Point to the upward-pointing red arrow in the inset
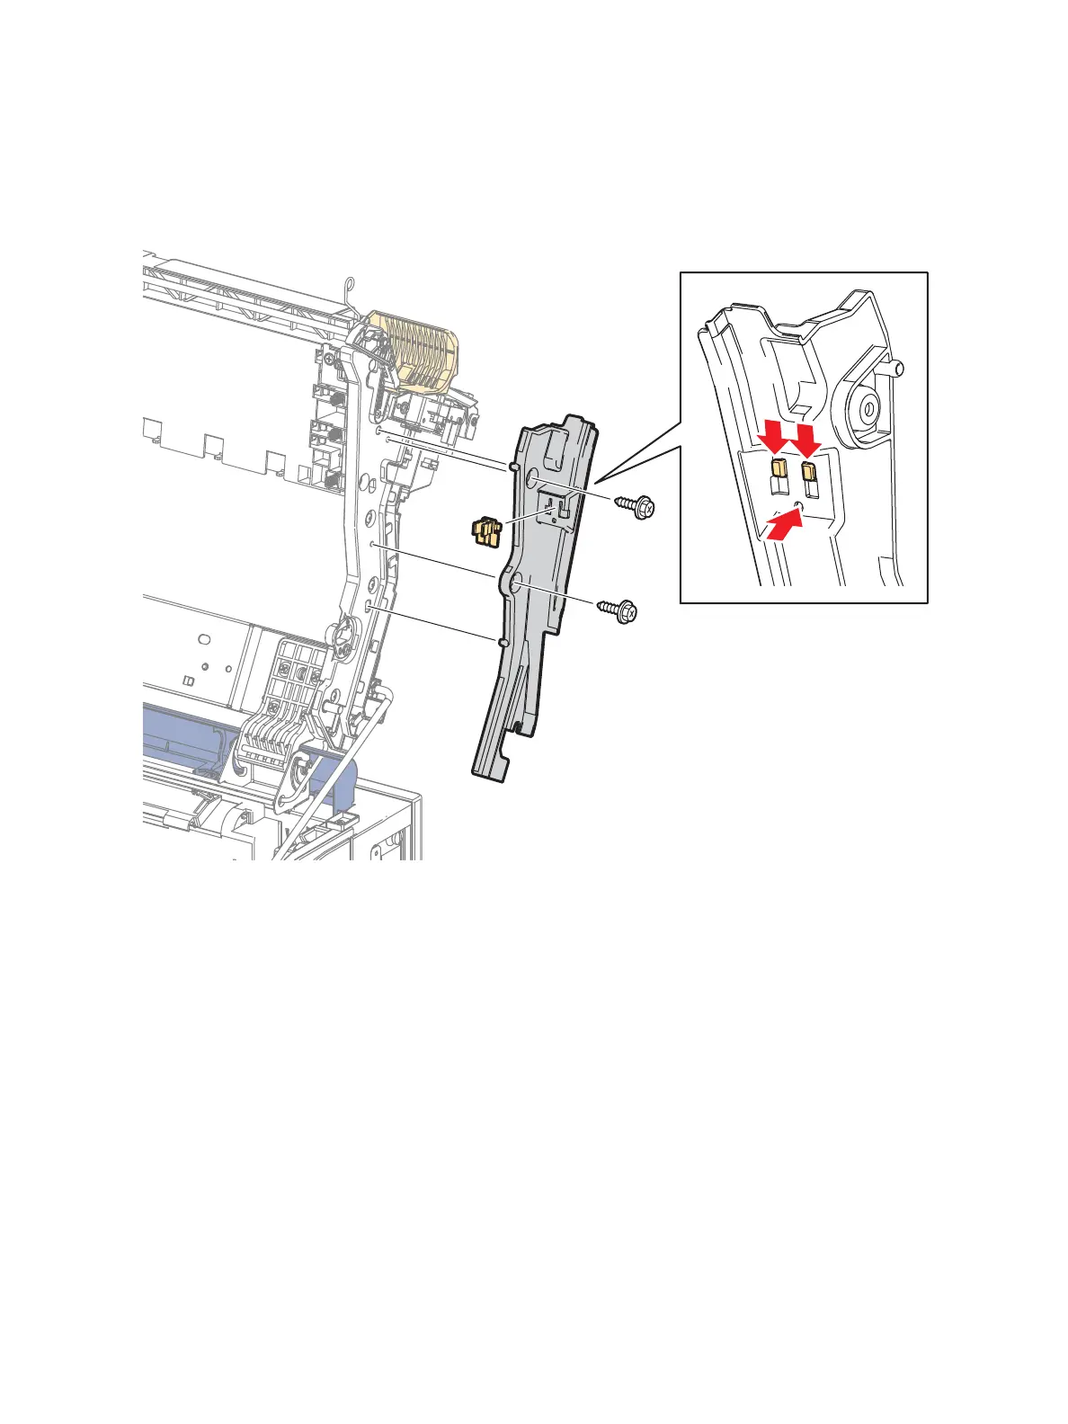click(x=784, y=524)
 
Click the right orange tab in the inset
click(x=810, y=473)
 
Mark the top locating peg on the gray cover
click(x=512, y=467)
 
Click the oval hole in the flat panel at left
click(x=204, y=639)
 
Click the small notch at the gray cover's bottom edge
click(x=520, y=724)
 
